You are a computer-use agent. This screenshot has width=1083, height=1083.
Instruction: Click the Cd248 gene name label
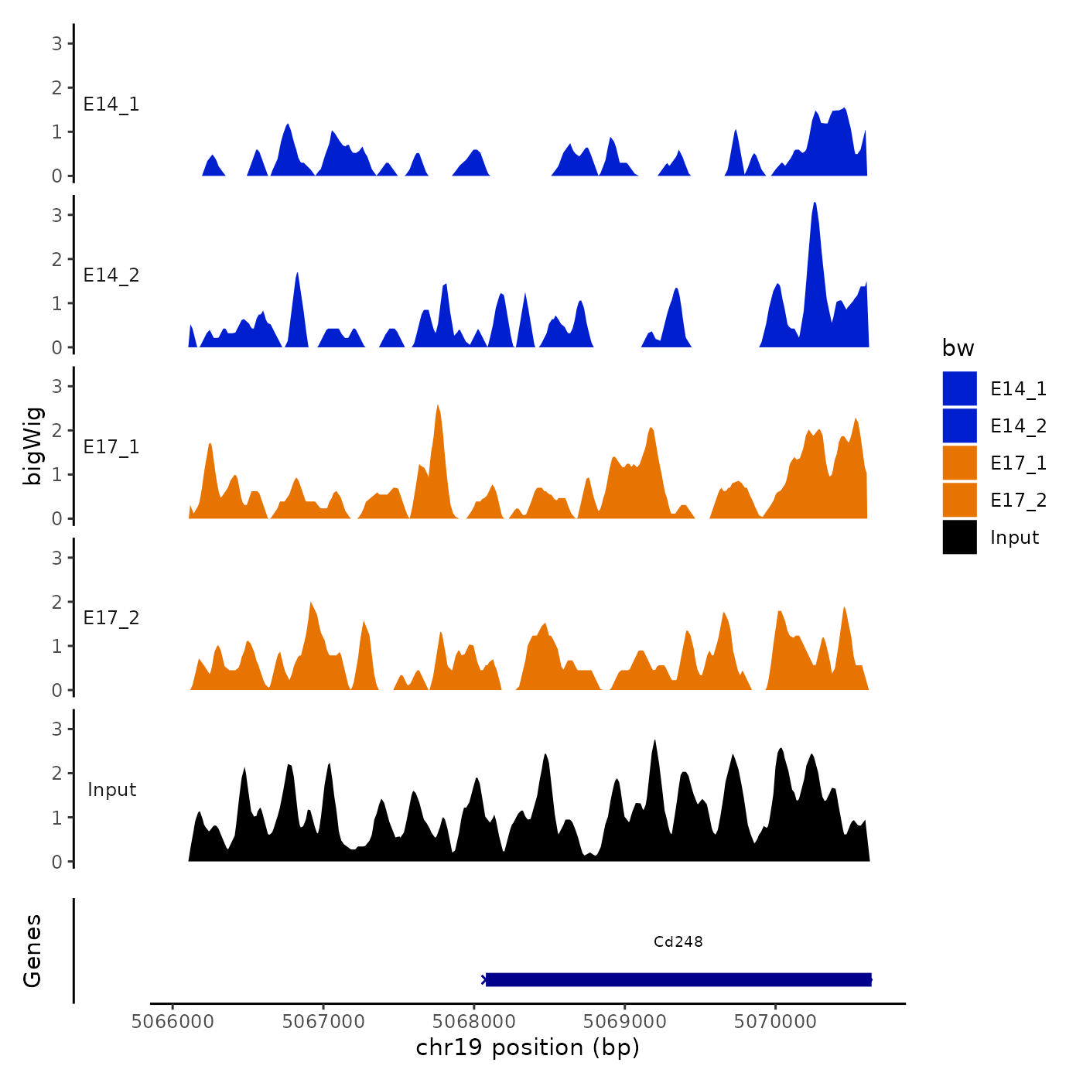678,941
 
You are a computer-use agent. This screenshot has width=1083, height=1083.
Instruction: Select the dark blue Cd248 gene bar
678,979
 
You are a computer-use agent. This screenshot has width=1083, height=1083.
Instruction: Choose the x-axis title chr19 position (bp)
528,1047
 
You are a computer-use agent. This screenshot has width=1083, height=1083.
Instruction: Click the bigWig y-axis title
32,446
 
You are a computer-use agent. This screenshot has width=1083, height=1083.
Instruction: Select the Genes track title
32,951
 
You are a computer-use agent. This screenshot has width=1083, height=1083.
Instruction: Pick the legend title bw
958,348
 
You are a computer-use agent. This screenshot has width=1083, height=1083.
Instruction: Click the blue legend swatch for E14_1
959,388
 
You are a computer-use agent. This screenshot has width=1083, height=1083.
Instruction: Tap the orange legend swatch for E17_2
959,500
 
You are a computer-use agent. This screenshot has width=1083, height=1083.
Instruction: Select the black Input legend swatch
959,537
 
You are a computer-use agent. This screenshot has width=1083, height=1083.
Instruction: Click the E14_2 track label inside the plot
111,275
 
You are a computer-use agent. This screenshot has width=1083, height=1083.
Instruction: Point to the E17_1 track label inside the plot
111,447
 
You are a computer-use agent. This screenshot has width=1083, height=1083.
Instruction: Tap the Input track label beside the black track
111,790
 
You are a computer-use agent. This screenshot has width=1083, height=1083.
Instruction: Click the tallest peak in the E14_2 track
815,204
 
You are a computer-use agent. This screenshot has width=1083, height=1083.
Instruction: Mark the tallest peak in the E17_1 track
438,407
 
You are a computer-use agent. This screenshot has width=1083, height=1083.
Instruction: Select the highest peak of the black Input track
655,742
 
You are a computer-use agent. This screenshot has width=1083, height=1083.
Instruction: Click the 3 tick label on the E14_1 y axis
56,43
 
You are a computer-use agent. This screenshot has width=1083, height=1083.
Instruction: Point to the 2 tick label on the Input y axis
56,773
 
